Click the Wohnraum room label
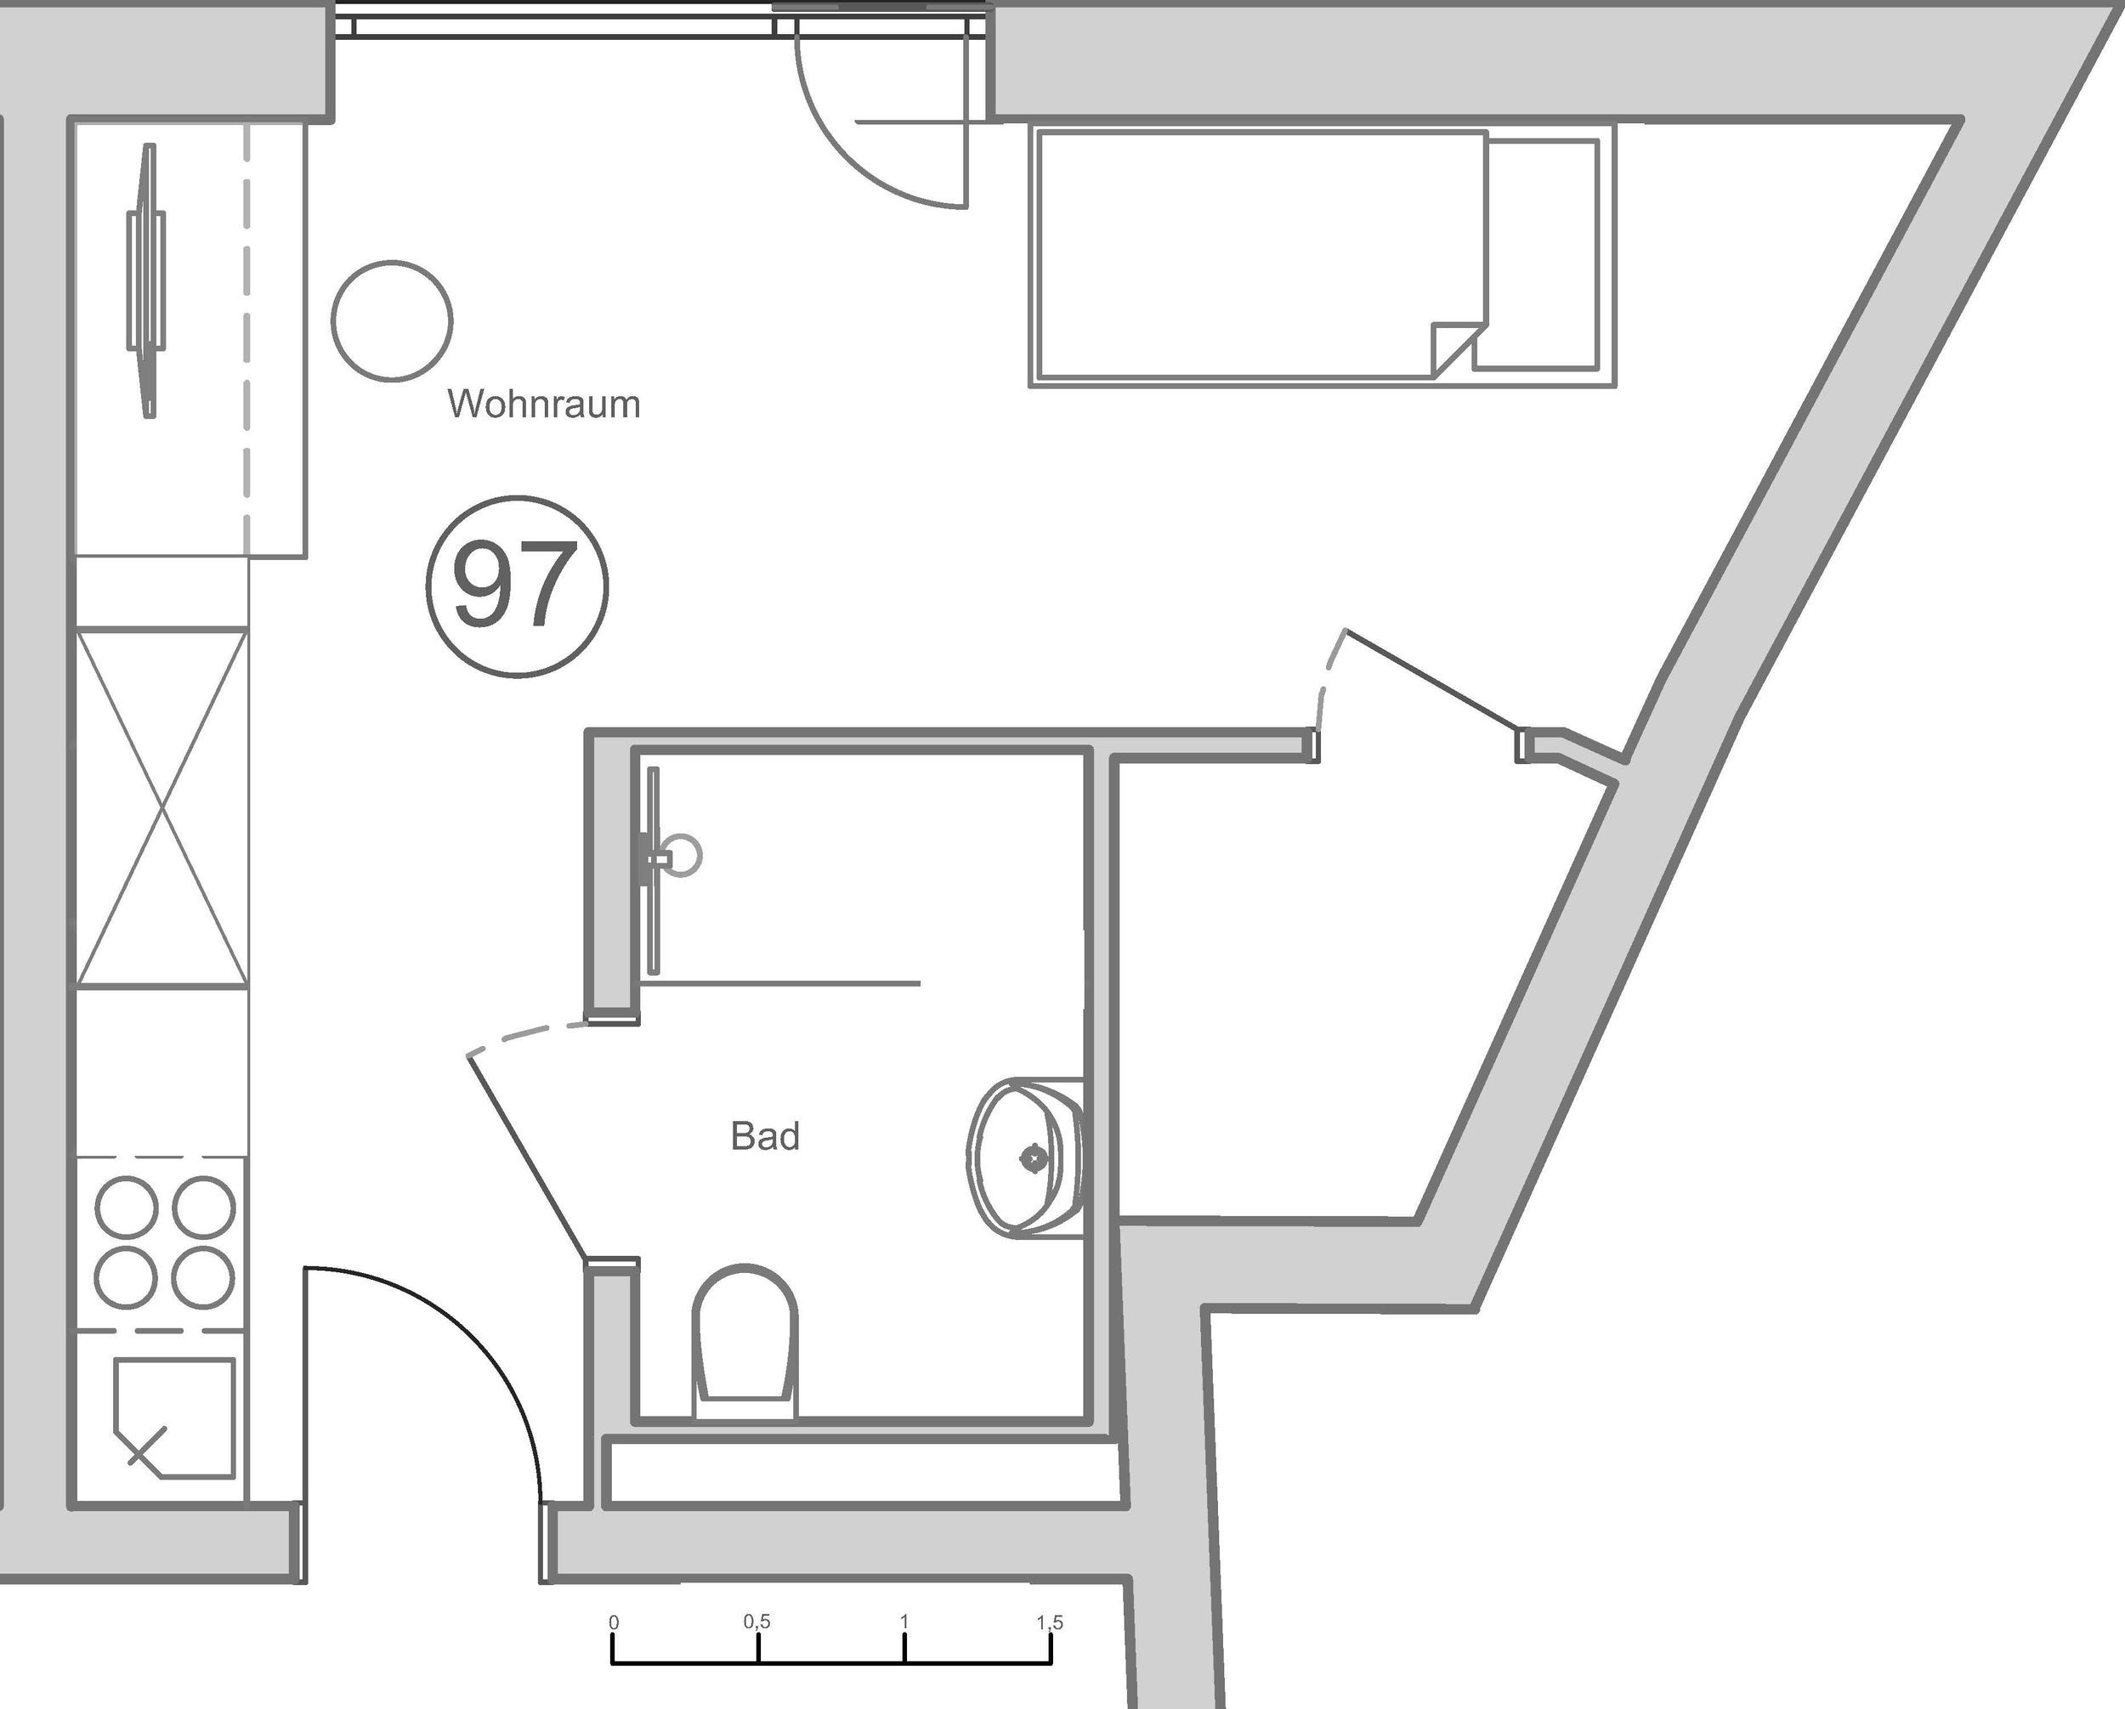point(544,404)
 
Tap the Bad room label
point(765,1136)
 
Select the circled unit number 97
point(518,586)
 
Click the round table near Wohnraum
point(393,320)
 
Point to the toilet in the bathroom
point(745,1340)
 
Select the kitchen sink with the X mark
point(174,1418)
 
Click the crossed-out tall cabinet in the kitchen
point(162,808)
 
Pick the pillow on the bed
point(1544,254)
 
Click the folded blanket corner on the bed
point(1457,348)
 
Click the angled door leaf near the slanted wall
point(1432,680)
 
